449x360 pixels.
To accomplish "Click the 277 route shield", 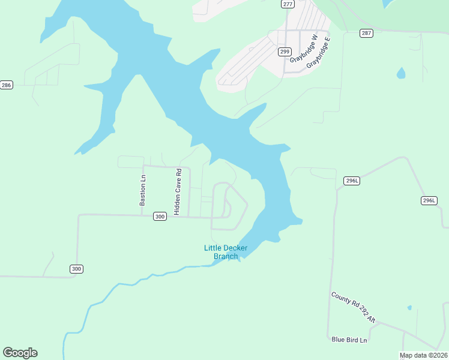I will (288, 4).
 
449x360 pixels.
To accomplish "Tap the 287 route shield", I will (366, 33).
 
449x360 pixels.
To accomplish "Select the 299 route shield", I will (285, 52).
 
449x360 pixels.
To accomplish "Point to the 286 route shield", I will (6, 85).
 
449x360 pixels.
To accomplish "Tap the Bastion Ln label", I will (142, 190).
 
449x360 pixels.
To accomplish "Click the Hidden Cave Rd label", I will (178, 191).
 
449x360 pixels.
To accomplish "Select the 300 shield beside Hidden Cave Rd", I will (159, 217).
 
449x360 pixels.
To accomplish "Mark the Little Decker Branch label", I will (226, 252).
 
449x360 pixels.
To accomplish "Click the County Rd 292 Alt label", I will (353, 308).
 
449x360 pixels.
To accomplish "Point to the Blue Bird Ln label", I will (349, 340).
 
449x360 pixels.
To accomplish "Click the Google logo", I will (20, 353).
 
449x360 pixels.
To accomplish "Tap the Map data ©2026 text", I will (423, 355).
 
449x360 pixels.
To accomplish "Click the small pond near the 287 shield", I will (401, 73).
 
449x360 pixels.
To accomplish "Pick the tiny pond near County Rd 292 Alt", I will (409, 308).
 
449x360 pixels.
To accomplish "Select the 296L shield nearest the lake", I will (352, 181).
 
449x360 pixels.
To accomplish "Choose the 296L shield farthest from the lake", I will (429, 200).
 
